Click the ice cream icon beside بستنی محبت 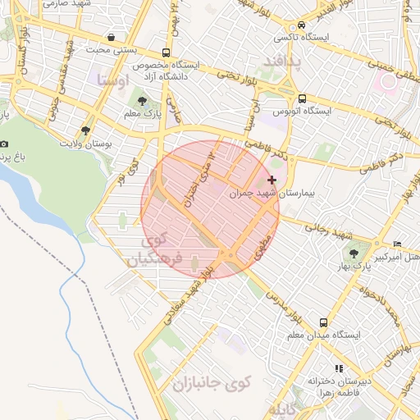[111, 37]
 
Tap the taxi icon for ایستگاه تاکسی [304, 25]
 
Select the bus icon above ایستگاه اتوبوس [304, 97]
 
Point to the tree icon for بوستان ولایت [85, 130]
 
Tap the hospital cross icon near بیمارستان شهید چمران [272, 179]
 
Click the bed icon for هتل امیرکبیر [398, 244]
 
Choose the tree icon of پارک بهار [354, 253]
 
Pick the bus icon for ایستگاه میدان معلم [324, 322]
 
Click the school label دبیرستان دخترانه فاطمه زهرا [339, 386]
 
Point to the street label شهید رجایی [322, 230]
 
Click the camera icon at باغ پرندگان [5, 144]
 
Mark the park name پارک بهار [357, 268]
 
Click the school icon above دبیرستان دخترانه [338, 368]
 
